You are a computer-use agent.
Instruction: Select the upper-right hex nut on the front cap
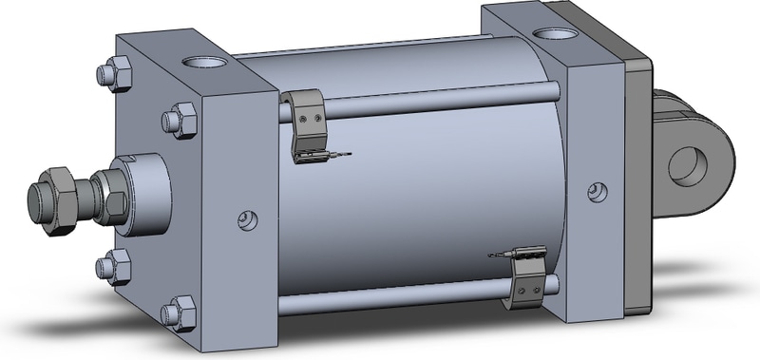[x=179, y=121]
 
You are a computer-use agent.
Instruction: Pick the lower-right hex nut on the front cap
[x=179, y=312]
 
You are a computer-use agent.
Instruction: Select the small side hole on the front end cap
[x=247, y=220]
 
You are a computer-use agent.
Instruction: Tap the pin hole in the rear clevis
[x=688, y=165]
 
